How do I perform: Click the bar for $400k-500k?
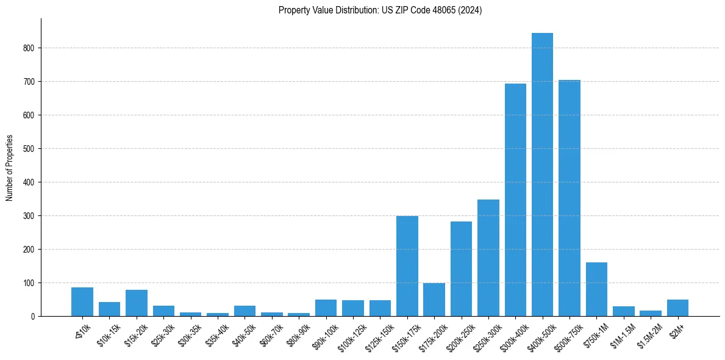pyautogui.click(x=542, y=175)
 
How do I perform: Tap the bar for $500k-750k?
pyautogui.click(x=569, y=198)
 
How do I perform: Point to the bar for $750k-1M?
pyautogui.click(x=596, y=289)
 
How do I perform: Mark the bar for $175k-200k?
pyautogui.click(x=434, y=300)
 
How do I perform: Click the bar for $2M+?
pyautogui.click(x=677, y=308)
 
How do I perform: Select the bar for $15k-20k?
pyautogui.click(x=137, y=303)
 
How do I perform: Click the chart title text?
pyautogui.click(x=380, y=10)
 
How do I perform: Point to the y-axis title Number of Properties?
pyautogui.click(x=10, y=168)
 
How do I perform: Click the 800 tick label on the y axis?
pyautogui.click(x=29, y=48)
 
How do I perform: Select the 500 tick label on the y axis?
pyautogui.click(x=29, y=149)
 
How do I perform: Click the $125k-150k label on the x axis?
pyautogui.click(x=378, y=336)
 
